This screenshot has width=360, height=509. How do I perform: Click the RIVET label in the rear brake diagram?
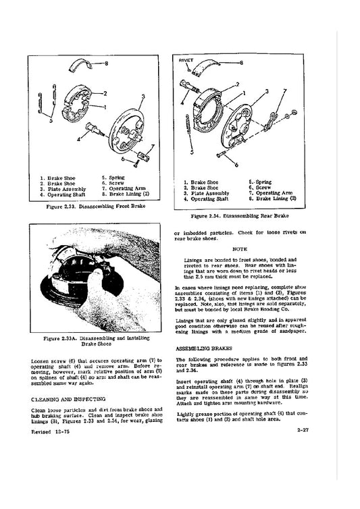click(x=186, y=61)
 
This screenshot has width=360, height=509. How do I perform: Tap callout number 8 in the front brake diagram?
click(x=107, y=63)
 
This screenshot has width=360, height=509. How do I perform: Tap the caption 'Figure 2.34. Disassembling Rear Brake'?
click(x=240, y=216)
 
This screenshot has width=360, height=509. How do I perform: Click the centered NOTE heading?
click(x=239, y=248)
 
